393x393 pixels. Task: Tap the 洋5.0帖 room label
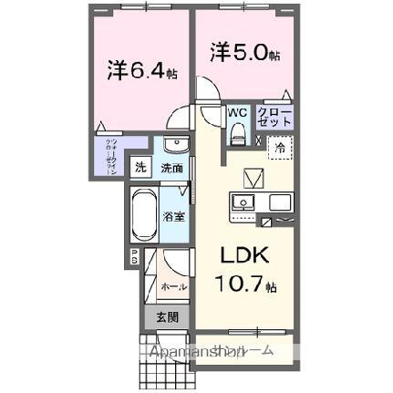click(243, 54)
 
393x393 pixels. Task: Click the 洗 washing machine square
click(140, 167)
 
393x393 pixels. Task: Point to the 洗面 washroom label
click(171, 168)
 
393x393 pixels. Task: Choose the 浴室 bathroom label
click(174, 217)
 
